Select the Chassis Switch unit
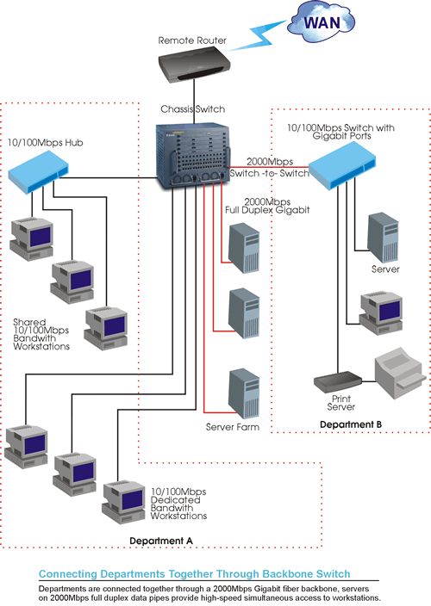point(193,156)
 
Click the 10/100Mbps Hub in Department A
point(38,171)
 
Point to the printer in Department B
point(400,373)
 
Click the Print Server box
point(337,381)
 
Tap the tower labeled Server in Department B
point(383,237)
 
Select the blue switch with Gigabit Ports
point(342,165)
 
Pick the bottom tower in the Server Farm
point(244,393)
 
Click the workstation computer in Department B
point(381,312)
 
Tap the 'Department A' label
point(161,541)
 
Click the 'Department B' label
point(351,424)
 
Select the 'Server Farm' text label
point(233,427)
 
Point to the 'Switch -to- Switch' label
point(269,173)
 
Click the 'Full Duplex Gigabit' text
point(267,210)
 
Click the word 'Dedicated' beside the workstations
point(175,500)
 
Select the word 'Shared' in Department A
point(29,322)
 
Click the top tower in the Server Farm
point(244,248)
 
